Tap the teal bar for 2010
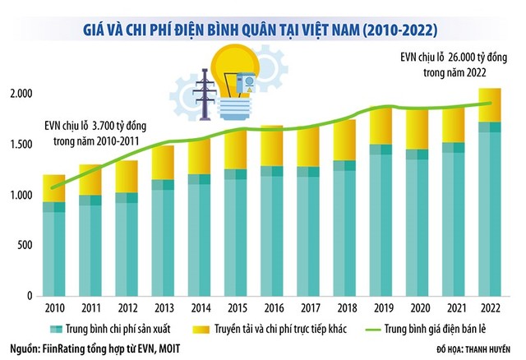pos(54,247)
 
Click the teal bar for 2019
pos(380,222)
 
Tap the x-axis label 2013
pos(163,308)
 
